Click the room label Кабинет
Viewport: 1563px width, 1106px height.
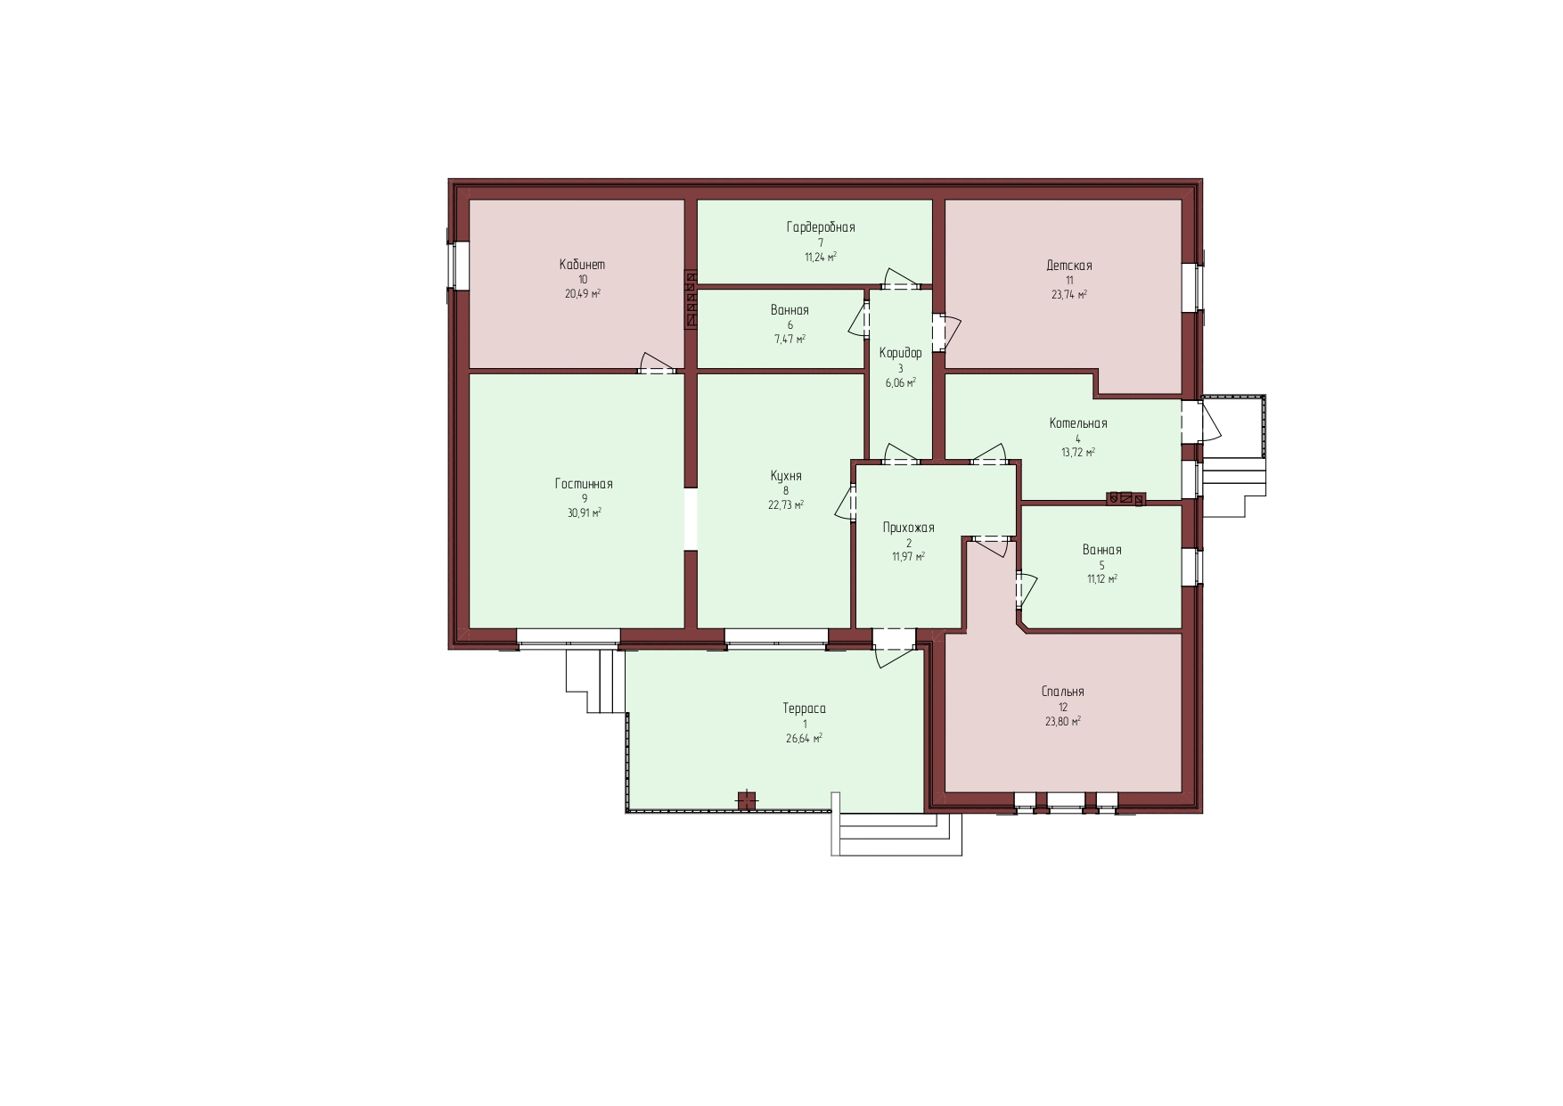point(582,265)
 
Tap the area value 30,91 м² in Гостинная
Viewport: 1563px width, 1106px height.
point(584,513)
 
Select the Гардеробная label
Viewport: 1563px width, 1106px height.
point(821,227)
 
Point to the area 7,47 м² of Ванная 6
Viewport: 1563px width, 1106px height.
point(790,340)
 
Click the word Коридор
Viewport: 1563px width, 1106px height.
point(900,354)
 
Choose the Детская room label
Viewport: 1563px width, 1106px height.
point(1069,266)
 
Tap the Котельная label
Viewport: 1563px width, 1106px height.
point(1078,423)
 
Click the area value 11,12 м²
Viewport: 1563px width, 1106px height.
point(1102,579)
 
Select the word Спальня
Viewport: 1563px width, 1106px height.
point(1063,692)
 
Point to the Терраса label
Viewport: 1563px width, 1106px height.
point(805,709)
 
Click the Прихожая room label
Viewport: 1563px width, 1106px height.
point(909,528)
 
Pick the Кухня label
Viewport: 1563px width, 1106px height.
point(786,476)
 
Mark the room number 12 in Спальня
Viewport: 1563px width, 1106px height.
point(1063,708)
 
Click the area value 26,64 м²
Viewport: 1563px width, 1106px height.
point(804,739)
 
